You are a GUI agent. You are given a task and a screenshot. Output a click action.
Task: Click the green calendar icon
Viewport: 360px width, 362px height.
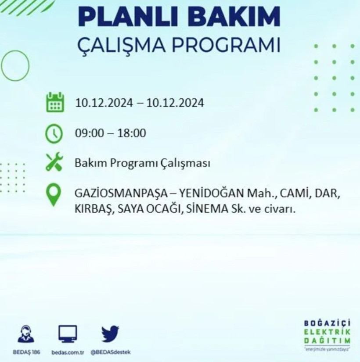click(x=55, y=102)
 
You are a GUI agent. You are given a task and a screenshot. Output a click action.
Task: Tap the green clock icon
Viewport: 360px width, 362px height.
click(x=54, y=133)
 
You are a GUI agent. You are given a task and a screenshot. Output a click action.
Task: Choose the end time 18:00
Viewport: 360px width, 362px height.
click(x=132, y=133)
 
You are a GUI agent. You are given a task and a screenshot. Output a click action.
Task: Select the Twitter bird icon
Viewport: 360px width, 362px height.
click(x=110, y=333)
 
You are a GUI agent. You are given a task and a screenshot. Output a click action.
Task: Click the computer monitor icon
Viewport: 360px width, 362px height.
click(x=68, y=333)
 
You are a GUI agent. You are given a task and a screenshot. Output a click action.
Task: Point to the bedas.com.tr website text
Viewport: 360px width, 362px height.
click(x=68, y=352)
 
